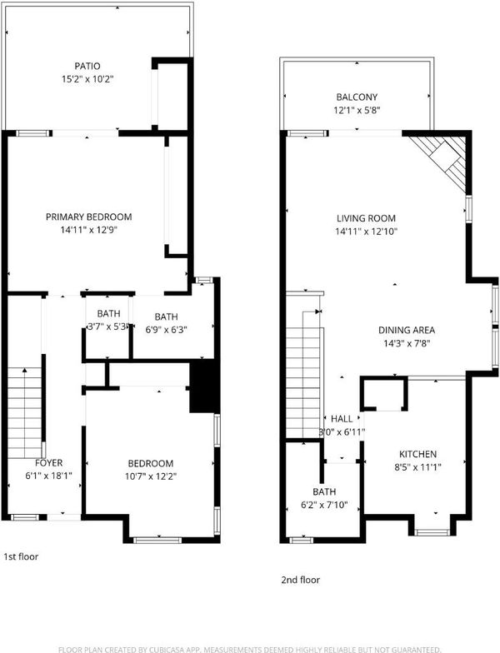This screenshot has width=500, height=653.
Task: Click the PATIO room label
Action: click(x=87, y=66)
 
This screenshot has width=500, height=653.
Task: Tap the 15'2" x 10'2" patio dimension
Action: click(x=87, y=79)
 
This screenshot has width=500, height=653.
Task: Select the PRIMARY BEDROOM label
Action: click(x=88, y=217)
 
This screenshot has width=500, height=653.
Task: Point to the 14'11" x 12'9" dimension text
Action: click(x=88, y=230)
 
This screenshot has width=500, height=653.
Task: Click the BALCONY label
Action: click(x=357, y=97)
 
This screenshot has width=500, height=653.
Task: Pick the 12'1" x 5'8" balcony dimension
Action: click(x=357, y=110)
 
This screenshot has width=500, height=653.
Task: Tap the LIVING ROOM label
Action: click(x=367, y=218)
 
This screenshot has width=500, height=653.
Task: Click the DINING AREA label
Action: click(x=407, y=330)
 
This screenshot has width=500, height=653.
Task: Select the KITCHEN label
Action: click(x=418, y=454)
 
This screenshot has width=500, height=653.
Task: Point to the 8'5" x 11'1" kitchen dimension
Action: click(x=418, y=467)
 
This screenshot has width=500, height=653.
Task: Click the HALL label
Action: click(x=342, y=419)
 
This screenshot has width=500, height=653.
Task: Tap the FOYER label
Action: click(x=48, y=463)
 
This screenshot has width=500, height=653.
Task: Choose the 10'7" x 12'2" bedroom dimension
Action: click(x=151, y=476)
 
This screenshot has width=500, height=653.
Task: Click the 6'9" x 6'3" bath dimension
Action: click(x=167, y=330)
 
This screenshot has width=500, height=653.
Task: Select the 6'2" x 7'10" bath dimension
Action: click(x=324, y=505)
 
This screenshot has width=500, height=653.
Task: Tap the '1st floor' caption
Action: click(x=21, y=556)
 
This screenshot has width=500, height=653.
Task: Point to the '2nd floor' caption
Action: click(x=300, y=580)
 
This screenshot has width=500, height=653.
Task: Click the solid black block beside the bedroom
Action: click(x=204, y=387)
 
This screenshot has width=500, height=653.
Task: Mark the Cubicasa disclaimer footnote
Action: click(x=250, y=650)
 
